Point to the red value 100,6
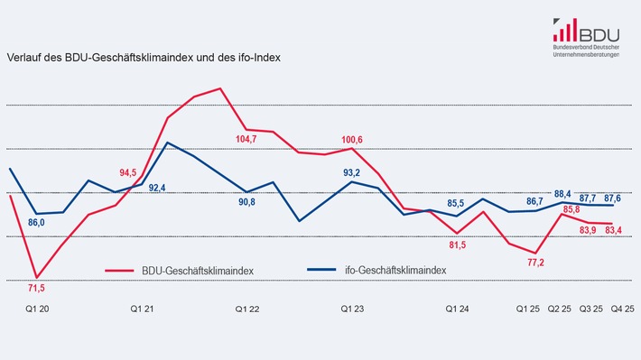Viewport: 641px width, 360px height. [x=353, y=139]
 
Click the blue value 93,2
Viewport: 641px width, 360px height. [x=353, y=172]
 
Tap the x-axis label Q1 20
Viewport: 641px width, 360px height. [x=37, y=309]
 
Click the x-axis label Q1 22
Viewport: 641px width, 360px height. [x=247, y=309]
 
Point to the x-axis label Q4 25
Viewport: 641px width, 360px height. [x=622, y=309]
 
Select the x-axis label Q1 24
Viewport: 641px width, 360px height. [x=458, y=309]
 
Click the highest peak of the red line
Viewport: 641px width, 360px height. [x=221, y=88]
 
